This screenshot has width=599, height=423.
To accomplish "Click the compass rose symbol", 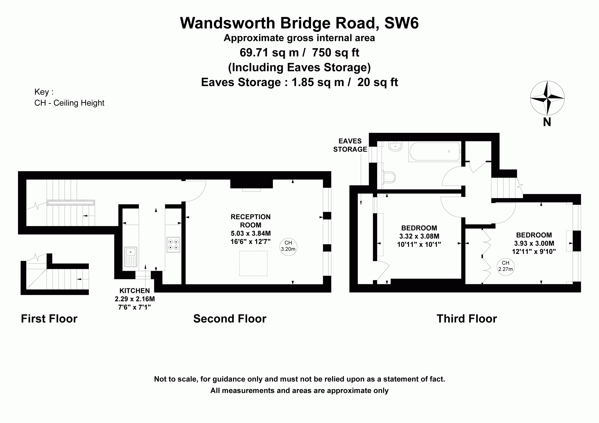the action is click(547, 98).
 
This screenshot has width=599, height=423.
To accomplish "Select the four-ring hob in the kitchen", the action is click(173, 244).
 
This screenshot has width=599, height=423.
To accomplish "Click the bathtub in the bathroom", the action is click(435, 151).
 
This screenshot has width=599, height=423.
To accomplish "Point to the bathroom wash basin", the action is click(395, 146).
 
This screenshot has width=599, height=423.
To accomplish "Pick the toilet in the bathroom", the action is click(389, 177).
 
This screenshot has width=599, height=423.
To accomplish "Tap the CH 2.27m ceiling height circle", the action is click(506, 267).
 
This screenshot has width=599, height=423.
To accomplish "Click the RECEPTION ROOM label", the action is click(251, 221).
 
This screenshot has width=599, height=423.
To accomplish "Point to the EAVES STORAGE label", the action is click(350, 145).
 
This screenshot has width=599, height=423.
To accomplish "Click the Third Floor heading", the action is click(467, 318).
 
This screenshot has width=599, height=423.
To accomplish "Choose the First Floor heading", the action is click(49, 318).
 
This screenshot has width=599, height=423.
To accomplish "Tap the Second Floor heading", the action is click(230, 318).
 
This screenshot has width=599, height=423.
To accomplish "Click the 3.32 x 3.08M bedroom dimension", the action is click(419, 236).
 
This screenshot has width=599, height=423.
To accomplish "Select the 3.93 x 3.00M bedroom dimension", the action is click(534, 243).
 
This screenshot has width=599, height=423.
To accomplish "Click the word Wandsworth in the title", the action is click(228, 23).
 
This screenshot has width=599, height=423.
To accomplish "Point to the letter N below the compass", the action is click(547, 122).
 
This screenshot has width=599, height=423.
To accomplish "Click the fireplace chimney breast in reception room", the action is click(252, 184).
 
